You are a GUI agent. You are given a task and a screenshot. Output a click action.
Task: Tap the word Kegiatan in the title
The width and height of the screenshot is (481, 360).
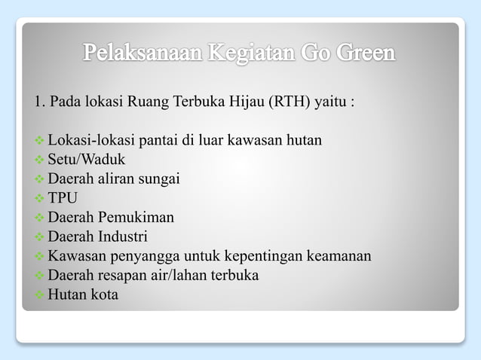(252, 54)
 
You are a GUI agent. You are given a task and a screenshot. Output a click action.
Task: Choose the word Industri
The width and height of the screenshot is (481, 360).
(123, 237)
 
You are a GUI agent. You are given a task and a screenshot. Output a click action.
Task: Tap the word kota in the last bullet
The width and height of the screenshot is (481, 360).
(104, 294)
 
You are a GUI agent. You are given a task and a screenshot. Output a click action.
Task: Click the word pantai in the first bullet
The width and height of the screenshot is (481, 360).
(155, 140)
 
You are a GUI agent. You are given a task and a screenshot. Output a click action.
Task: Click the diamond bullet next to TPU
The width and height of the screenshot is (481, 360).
(40, 199)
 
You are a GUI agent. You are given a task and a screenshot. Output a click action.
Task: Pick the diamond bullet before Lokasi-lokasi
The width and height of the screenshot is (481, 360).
(40, 141)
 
